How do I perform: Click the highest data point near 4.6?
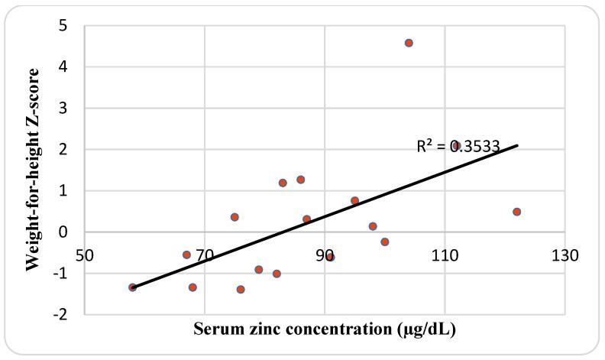click(409, 43)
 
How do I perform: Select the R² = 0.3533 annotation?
click(450, 146)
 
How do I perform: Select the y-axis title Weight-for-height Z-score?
click(32, 168)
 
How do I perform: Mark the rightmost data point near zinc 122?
click(516, 212)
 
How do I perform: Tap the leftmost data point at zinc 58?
click(132, 287)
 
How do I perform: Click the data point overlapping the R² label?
click(456, 145)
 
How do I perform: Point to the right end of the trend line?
click(517, 145)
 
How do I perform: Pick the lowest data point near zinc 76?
click(241, 290)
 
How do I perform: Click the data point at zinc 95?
click(354, 201)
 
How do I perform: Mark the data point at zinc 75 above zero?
click(235, 217)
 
